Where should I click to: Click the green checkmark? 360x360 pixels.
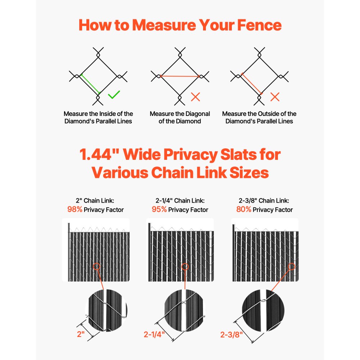pyautogui.click(x=114, y=95)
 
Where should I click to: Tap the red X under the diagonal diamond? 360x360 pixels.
pyautogui.click(x=195, y=96)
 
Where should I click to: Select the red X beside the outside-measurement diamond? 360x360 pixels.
pyautogui.click(x=275, y=96)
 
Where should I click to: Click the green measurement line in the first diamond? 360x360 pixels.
pyautogui.click(x=90, y=84)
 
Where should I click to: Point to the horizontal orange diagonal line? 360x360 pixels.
pyautogui.click(x=180, y=76)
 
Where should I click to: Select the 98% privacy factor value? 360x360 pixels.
pyautogui.click(x=75, y=210)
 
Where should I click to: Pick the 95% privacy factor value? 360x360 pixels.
pyautogui.click(x=159, y=210)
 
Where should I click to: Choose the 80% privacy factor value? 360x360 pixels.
pyautogui.click(x=244, y=210)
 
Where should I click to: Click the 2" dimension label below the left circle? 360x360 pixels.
pyautogui.click(x=81, y=334)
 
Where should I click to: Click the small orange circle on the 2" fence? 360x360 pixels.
pyautogui.click(x=96, y=267)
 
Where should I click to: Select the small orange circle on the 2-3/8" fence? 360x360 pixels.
pyautogui.click(x=291, y=267)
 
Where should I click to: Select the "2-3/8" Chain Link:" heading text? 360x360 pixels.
pyautogui.click(x=264, y=201)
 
